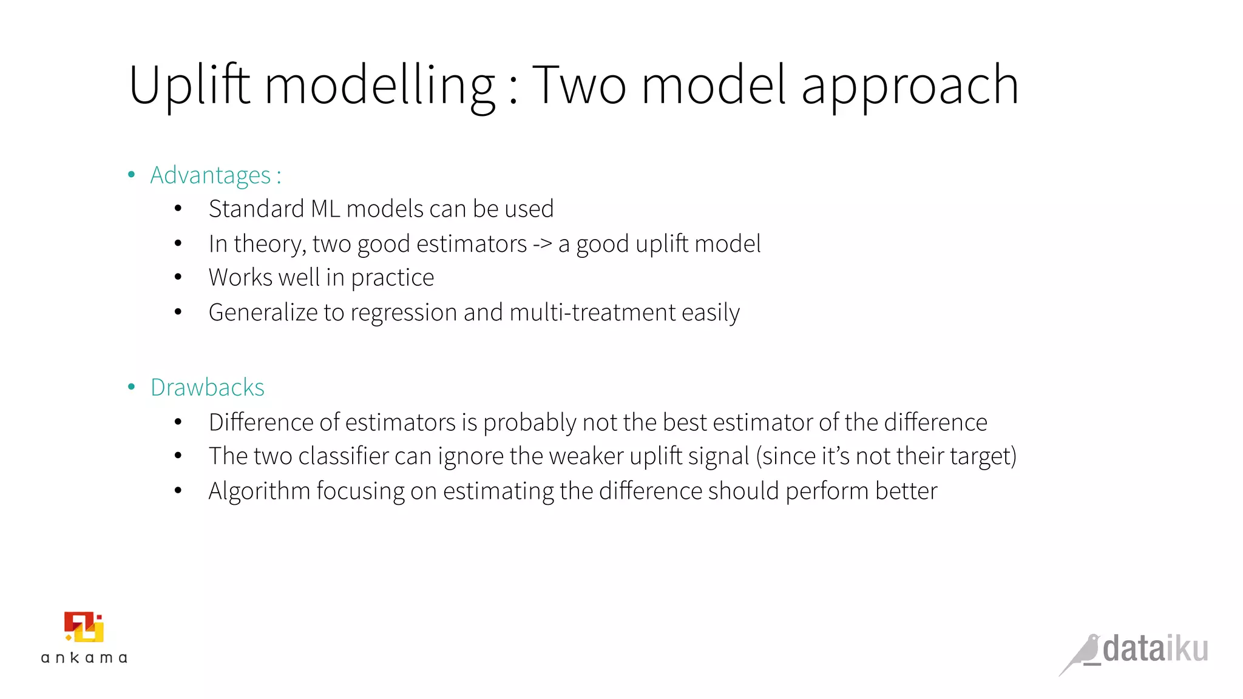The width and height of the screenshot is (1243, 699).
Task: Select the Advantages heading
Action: [210, 175]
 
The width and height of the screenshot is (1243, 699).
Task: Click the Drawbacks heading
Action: [208, 387]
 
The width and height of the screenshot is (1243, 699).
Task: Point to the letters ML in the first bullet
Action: [325, 209]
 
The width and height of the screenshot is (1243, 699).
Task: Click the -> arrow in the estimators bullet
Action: [542, 244]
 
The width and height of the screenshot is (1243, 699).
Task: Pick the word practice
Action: [392, 278]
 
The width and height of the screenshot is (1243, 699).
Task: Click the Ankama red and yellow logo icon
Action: [84, 626]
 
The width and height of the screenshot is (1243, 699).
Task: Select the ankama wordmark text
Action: [84, 658]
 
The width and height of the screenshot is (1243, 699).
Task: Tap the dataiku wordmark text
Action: [1155, 649]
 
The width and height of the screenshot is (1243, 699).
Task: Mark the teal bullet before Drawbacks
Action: [132, 387]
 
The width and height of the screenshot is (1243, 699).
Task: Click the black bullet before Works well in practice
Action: [178, 278]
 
